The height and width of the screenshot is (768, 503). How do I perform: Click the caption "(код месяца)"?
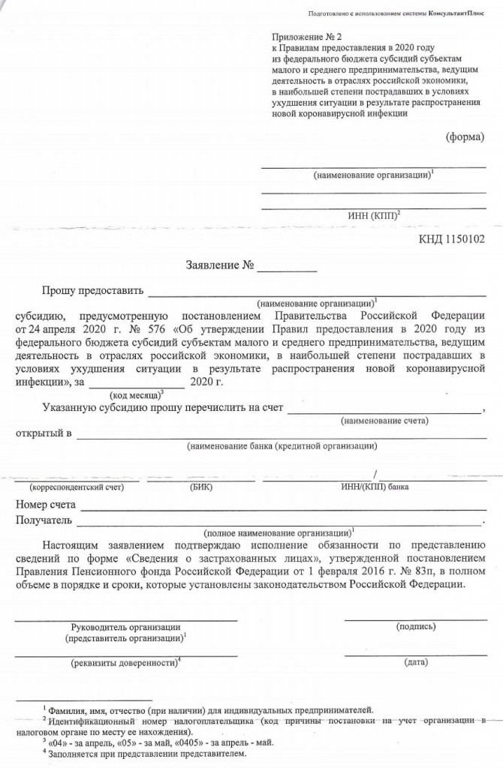point(136,394)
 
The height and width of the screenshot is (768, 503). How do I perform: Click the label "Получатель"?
point(44,520)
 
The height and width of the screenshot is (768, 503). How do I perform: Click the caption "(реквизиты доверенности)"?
point(126,664)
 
